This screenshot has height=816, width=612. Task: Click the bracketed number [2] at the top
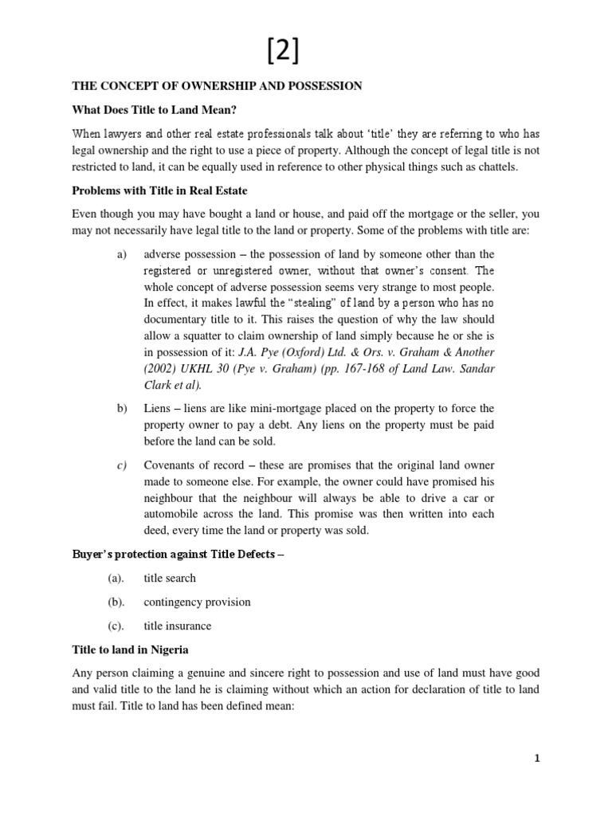pos(284,52)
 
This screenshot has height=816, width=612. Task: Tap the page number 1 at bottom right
pos(537,759)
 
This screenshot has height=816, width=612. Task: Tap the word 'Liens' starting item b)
pos(158,409)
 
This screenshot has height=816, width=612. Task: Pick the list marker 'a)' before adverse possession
pos(121,254)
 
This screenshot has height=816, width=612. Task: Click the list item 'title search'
pos(170,578)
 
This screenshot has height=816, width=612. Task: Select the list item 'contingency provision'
pos(197,602)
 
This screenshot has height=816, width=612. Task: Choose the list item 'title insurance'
pos(177,626)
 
